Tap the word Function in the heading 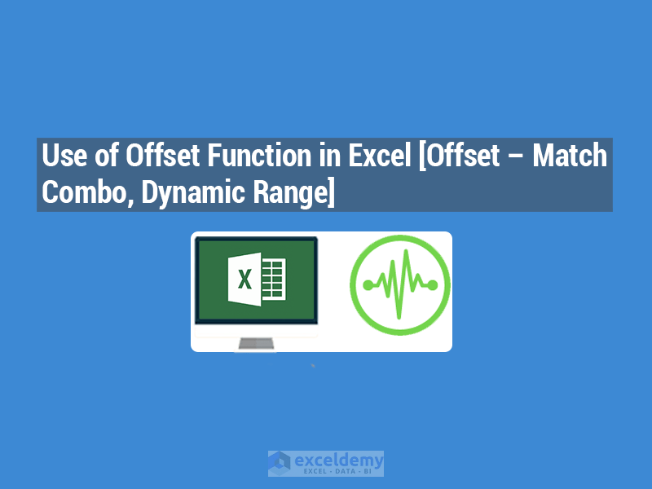click(253, 156)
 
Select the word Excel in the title click(378, 156)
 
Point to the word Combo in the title click(78, 193)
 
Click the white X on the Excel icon click(244, 280)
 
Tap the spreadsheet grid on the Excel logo click(274, 280)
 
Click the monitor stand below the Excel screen click(254, 344)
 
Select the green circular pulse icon click(399, 284)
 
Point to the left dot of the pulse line click(368, 284)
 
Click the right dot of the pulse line click(432, 284)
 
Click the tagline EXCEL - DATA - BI click(337, 471)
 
